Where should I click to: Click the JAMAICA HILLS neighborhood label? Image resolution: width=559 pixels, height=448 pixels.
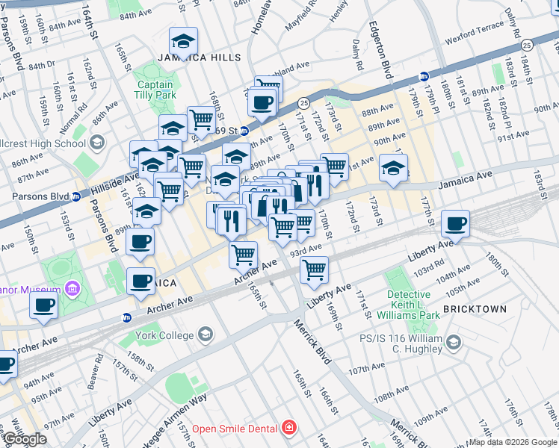click(199, 57)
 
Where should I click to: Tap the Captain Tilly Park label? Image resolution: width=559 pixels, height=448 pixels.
click(155, 90)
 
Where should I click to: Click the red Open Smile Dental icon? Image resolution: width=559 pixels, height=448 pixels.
click(288, 428)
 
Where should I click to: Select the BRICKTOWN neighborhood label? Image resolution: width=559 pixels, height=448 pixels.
click(475, 308)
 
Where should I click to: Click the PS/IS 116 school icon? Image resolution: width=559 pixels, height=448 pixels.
click(453, 343)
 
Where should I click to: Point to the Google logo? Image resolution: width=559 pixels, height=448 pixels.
click(25, 439)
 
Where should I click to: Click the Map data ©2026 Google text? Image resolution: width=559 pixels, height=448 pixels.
click(513, 442)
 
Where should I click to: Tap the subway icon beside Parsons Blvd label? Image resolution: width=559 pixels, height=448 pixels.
click(75, 197)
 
